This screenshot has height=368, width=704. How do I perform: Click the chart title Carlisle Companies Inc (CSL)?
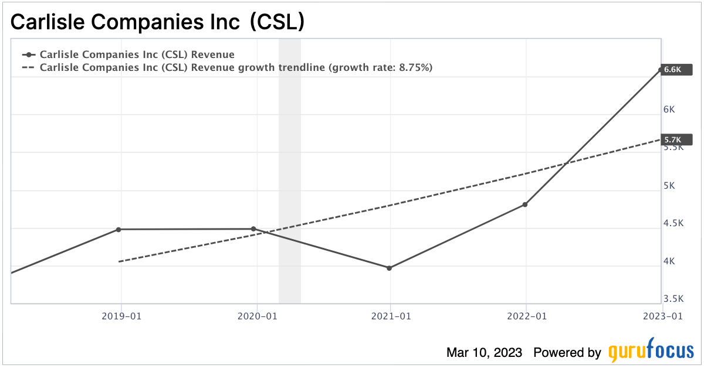pyautogui.click(x=157, y=22)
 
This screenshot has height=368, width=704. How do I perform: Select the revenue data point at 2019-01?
pyautogui.click(x=119, y=229)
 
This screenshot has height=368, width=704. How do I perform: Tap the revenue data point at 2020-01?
pyautogui.click(x=253, y=229)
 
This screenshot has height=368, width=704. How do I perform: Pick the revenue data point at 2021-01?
pyautogui.click(x=389, y=268)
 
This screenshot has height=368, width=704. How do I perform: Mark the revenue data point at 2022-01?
pyautogui.click(x=525, y=205)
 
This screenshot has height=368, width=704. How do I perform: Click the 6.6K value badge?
pyautogui.click(x=675, y=69)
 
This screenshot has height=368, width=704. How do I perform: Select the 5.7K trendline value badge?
pyautogui.click(x=675, y=139)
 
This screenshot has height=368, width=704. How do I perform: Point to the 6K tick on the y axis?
pyautogui.click(x=669, y=110)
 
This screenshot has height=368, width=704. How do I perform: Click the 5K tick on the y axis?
pyautogui.click(x=669, y=186)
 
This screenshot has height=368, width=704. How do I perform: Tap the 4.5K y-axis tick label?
pyautogui.click(x=673, y=223)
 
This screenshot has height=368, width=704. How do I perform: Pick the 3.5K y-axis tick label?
pyautogui.click(x=673, y=299)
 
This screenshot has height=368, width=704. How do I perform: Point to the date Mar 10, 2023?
pyautogui.click(x=484, y=352)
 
